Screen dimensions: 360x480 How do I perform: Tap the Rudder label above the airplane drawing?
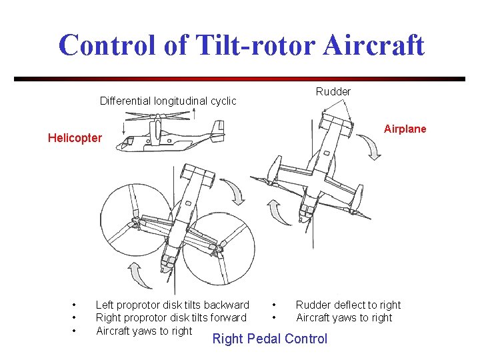pyautogui.click(x=333, y=91)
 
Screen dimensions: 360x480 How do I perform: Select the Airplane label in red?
pyautogui.click(x=405, y=129)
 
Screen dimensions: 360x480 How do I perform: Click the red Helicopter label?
pyautogui.click(x=75, y=138)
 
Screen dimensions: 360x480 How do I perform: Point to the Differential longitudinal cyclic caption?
pyautogui.click(x=168, y=101)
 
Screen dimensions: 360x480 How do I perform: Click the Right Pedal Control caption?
pyautogui.click(x=269, y=339)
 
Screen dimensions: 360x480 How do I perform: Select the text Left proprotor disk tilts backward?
pyautogui.click(x=172, y=305)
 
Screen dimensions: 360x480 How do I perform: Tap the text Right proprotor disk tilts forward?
pyautogui.click(x=171, y=317)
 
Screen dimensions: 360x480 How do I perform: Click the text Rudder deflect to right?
pyautogui.click(x=348, y=305)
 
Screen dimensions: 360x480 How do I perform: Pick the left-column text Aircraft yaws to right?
pyautogui.click(x=144, y=331)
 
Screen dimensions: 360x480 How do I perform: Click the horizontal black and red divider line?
pyautogui.click(x=239, y=79)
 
